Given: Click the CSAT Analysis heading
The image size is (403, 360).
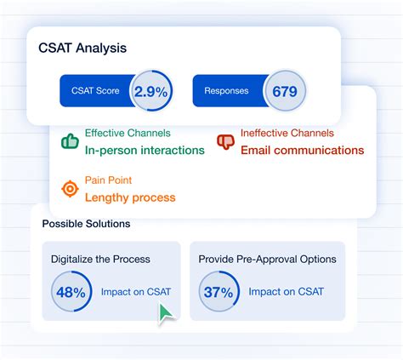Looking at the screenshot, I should [x=82, y=48].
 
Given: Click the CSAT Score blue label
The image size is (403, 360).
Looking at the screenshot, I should [x=95, y=91].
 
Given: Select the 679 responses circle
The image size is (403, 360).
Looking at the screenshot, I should [x=284, y=91].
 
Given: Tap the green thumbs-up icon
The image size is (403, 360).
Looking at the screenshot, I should [x=69, y=141].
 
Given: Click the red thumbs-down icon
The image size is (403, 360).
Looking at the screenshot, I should [x=225, y=141].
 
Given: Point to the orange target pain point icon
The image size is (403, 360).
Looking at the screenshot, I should [x=69, y=188].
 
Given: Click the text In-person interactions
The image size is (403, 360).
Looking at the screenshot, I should [x=145, y=151].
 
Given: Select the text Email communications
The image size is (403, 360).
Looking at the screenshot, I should [x=302, y=151].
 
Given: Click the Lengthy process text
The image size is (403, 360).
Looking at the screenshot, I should [x=130, y=197].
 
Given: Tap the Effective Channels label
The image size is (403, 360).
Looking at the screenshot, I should [x=128, y=134].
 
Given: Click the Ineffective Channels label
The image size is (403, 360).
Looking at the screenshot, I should [x=287, y=134].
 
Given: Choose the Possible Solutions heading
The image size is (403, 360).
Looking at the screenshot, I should [x=87, y=224].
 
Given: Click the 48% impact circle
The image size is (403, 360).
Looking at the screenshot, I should [x=72, y=292].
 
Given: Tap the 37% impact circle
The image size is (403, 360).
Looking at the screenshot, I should [x=219, y=292].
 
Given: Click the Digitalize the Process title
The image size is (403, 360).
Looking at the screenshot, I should [x=101, y=259].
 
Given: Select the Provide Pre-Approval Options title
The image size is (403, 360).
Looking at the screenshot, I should [x=267, y=259].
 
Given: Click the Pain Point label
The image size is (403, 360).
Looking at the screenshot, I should [x=108, y=180].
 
